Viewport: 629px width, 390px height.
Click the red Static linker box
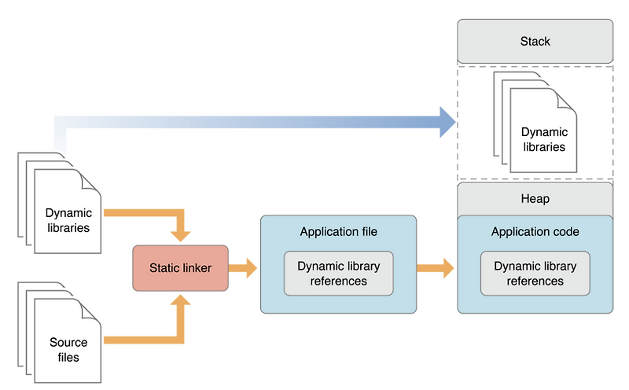[x=180, y=268]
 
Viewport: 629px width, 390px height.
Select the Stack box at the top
[x=535, y=40]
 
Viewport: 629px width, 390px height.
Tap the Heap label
[x=535, y=199]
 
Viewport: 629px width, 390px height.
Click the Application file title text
[x=338, y=232]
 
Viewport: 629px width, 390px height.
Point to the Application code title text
[x=535, y=232]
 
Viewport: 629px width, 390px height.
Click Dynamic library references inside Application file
[x=338, y=274]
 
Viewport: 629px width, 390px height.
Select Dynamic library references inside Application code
[x=535, y=274]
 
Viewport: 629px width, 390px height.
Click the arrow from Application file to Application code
[x=436, y=268]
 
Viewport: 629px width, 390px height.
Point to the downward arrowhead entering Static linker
[x=181, y=234]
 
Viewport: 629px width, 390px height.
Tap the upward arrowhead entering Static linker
[x=181, y=302]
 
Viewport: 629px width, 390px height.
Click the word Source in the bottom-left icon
[x=68, y=343]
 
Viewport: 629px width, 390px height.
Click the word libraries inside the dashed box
[x=543, y=147]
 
